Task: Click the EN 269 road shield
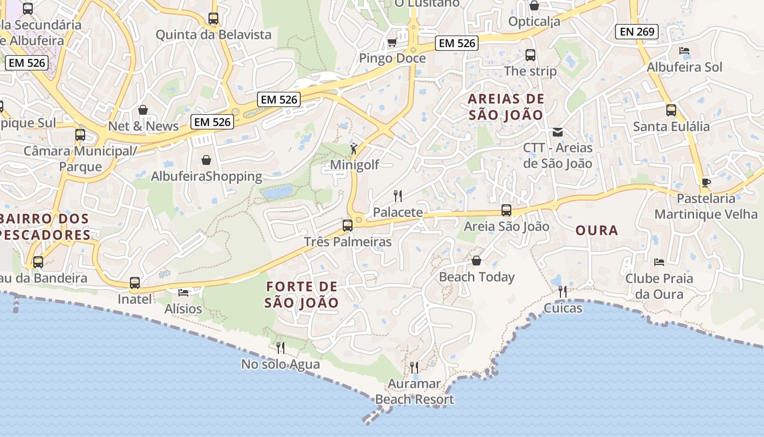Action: click(637, 32)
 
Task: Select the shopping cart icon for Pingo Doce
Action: click(392, 43)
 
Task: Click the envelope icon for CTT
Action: click(558, 132)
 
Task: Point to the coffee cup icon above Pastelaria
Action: click(706, 182)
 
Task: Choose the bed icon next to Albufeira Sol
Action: click(684, 51)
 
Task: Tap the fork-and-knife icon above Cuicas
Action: click(563, 292)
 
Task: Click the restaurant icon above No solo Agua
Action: click(280, 347)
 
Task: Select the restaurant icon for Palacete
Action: click(398, 196)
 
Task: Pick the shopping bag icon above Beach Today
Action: click(476, 261)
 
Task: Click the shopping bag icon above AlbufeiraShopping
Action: click(206, 160)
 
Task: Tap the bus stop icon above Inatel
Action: click(135, 283)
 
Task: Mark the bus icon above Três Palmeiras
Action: click(348, 225)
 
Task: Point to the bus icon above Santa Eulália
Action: click(671, 110)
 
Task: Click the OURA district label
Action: click(597, 231)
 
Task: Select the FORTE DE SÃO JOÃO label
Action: click(302, 294)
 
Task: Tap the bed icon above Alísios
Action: click(183, 293)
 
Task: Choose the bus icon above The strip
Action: click(530, 55)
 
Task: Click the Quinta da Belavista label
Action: click(213, 35)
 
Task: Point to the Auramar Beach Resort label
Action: click(415, 392)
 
